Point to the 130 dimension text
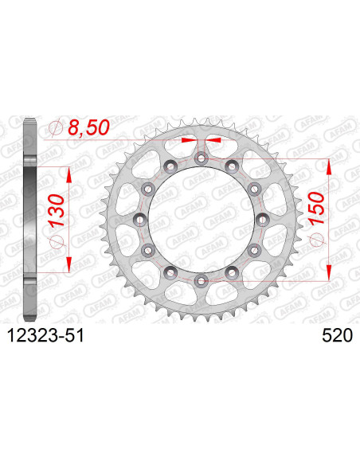tap(57, 220)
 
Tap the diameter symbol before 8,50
tap(56, 127)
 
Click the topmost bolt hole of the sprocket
tap(200, 158)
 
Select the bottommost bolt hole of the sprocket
tap(200, 279)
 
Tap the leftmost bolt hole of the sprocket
tap(139, 219)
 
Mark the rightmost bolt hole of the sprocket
tap(260, 219)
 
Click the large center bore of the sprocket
tap(200, 219)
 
